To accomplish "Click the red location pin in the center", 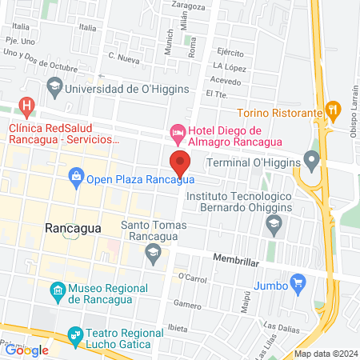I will click(180, 163).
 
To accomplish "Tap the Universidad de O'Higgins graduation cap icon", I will click(54, 84).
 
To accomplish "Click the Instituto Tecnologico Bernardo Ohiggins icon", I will click(274, 227).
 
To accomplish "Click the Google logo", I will click(27, 350).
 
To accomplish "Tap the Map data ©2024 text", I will click(325, 354).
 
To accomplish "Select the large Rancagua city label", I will click(73, 228).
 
